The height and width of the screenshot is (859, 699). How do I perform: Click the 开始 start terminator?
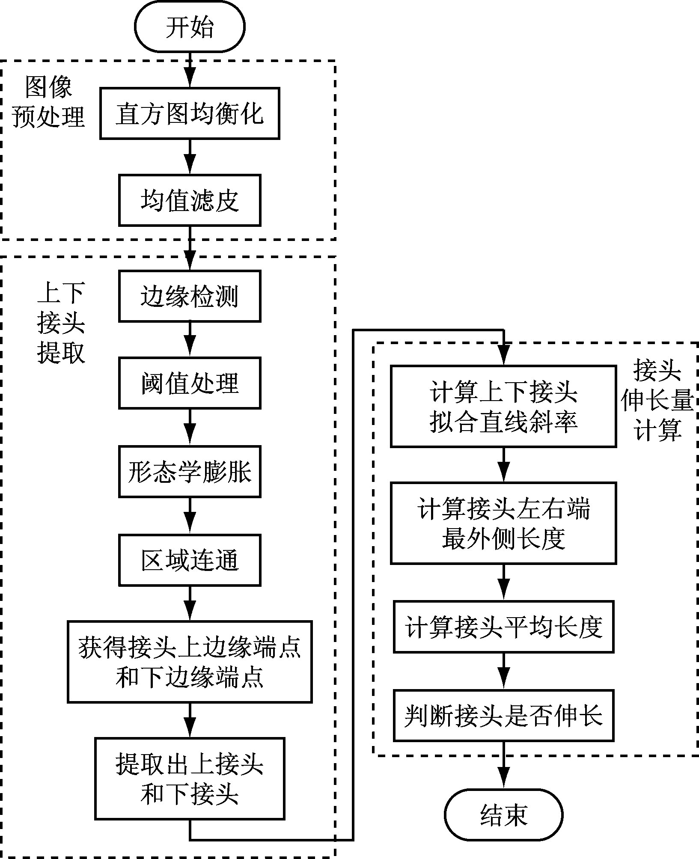pyautogui.click(x=190, y=27)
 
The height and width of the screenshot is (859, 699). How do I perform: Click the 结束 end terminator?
pyautogui.click(x=503, y=815)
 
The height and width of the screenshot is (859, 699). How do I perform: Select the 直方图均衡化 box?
pyautogui.click(x=190, y=114)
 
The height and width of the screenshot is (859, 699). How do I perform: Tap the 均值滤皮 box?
pyautogui.click(x=190, y=200)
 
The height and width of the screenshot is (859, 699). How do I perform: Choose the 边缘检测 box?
pyautogui.click(x=190, y=296)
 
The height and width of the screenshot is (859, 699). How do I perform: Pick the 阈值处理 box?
pyautogui.click(x=190, y=383)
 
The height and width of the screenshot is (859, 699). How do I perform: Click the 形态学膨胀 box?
pyautogui.click(x=190, y=472)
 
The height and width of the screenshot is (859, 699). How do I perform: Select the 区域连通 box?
pyautogui.click(x=190, y=560)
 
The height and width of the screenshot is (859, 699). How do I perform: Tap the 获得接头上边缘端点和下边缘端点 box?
pyautogui.click(x=190, y=662)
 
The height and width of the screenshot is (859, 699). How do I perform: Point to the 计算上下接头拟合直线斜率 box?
pyautogui.click(x=503, y=406)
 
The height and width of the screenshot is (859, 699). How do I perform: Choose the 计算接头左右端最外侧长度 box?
pyautogui.click(x=503, y=523)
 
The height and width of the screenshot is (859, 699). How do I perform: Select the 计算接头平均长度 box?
pyautogui.click(x=503, y=627)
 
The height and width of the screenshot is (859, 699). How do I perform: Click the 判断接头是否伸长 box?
pyautogui.click(x=503, y=715)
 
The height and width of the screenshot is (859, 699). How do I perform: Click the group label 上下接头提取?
pyautogui.click(x=61, y=323)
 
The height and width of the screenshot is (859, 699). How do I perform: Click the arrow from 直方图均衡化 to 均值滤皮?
pyautogui.click(x=190, y=157)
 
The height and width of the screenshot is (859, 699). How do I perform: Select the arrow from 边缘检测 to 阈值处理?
pyautogui.click(x=190, y=339)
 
